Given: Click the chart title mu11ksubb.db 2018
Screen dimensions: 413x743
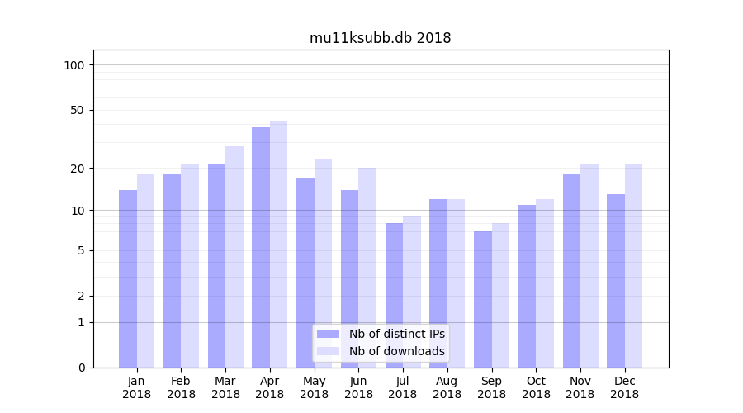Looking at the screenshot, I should [380, 38].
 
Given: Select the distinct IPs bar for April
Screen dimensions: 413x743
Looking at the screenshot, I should [261, 248].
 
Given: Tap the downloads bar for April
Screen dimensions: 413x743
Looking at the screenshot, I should [279, 244].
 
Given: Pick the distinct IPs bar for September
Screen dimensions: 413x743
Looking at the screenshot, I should [483, 299].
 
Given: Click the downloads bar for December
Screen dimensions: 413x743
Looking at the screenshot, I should [633, 266].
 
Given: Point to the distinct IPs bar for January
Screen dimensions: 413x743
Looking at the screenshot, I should [128, 279].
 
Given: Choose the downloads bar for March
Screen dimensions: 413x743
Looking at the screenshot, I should [234, 257].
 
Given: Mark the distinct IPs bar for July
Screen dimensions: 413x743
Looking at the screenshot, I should [394, 295].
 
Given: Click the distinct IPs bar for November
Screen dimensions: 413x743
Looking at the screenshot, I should [571, 271].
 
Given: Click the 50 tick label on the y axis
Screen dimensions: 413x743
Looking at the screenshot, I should [78, 110].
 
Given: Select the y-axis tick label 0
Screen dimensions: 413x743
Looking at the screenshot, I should [81, 368].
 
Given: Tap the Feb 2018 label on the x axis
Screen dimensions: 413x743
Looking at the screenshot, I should [181, 387].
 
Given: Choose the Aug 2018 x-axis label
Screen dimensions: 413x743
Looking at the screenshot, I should [447, 387].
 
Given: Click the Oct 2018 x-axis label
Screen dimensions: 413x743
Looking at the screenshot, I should [536, 387].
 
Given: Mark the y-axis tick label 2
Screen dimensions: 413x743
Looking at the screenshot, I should [81, 296].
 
